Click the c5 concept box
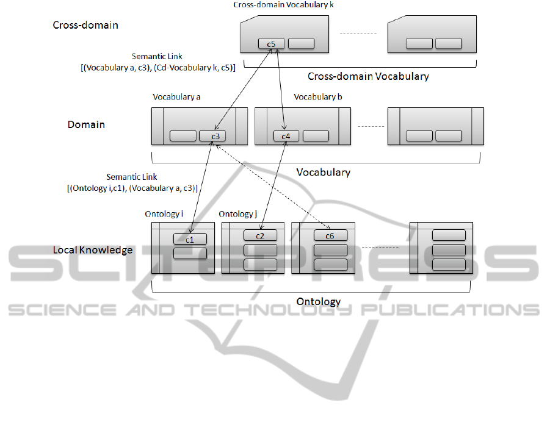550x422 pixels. point(271,43)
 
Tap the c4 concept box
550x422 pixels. point(286,136)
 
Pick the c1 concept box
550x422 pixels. point(190,240)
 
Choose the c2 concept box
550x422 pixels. point(260,235)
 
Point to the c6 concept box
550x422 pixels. point(330,235)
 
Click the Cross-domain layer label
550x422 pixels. point(85,26)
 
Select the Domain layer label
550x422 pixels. point(86,124)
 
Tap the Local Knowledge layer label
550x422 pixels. point(93,250)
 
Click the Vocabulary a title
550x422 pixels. point(176,97)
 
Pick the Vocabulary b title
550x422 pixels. point(318,97)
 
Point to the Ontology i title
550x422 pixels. point(164,214)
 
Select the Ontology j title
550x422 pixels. point(238,214)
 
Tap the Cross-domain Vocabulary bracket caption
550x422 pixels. point(367,76)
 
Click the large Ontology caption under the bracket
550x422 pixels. point(318,301)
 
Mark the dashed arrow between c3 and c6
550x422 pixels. point(272,187)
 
